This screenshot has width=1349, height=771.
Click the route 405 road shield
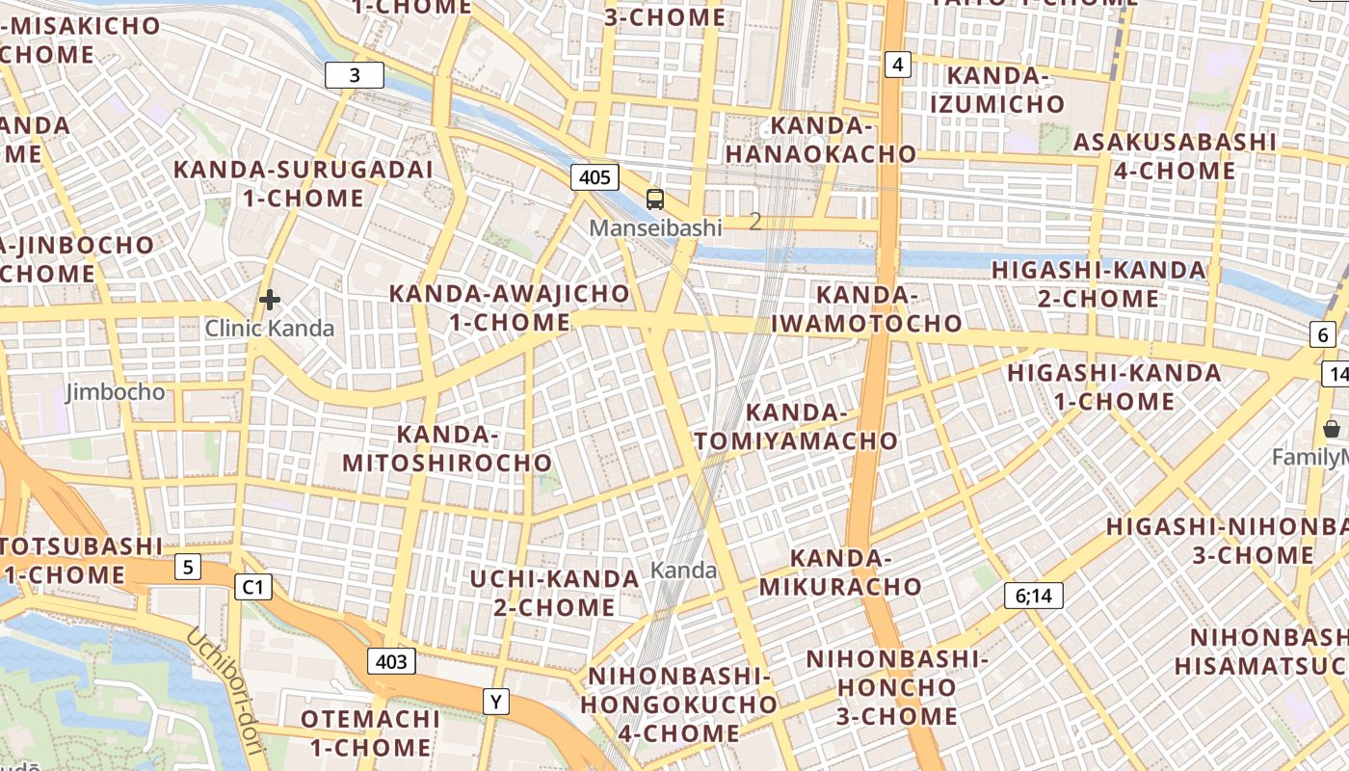(x=595, y=177)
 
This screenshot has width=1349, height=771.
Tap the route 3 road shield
(x=355, y=75)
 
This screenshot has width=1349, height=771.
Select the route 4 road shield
(x=898, y=65)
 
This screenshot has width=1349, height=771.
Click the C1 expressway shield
(x=253, y=586)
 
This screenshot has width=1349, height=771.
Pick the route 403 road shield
(x=391, y=661)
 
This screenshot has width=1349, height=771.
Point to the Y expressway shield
(x=495, y=703)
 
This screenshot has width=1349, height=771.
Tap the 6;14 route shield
(x=1033, y=596)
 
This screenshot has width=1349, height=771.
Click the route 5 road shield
(x=188, y=567)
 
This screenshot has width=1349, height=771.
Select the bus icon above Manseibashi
(x=655, y=199)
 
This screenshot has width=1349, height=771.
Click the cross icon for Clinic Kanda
(x=270, y=300)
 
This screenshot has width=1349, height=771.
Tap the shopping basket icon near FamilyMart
(x=1332, y=429)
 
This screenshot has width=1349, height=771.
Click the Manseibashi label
(x=655, y=228)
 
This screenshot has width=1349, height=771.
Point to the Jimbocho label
(x=116, y=392)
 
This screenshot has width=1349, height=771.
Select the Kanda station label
(x=684, y=571)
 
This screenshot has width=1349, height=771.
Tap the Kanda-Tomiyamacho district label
(x=796, y=427)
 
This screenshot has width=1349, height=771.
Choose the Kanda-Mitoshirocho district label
(x=447, y=449)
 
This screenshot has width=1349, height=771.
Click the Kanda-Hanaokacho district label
(x=821, y=140)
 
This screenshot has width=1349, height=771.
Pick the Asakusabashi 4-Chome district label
(x=1174, y=156)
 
